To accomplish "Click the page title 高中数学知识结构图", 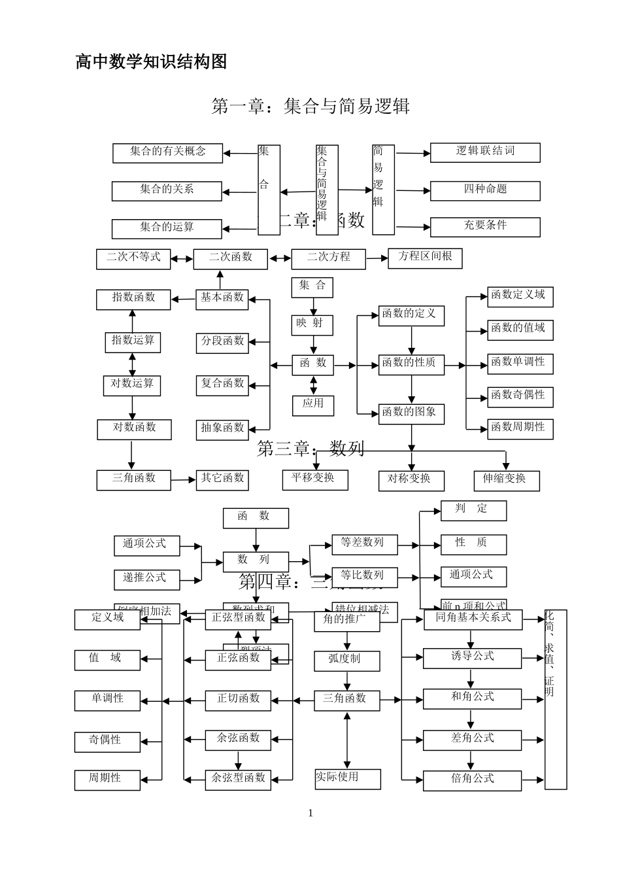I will [151, 62].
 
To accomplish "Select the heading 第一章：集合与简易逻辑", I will [310, 106].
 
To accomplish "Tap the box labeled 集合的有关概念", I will [167, 152].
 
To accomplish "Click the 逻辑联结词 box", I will [485, 152].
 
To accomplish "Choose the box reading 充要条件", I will [485, 226].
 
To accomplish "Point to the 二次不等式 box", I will [133, 258].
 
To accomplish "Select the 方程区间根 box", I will [425, 258].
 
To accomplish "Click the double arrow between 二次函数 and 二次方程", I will [280, 259].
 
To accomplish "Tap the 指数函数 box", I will [133, 299].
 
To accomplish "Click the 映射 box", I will [312, 324].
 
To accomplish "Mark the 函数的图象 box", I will [411, 413].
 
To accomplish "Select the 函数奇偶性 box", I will [520, 396].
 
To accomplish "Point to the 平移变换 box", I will [315, 479].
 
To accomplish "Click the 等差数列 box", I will [361, 543].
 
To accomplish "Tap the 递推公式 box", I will [147, 579].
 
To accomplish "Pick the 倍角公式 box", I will [472, 780].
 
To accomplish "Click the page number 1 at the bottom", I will [310, 813].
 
